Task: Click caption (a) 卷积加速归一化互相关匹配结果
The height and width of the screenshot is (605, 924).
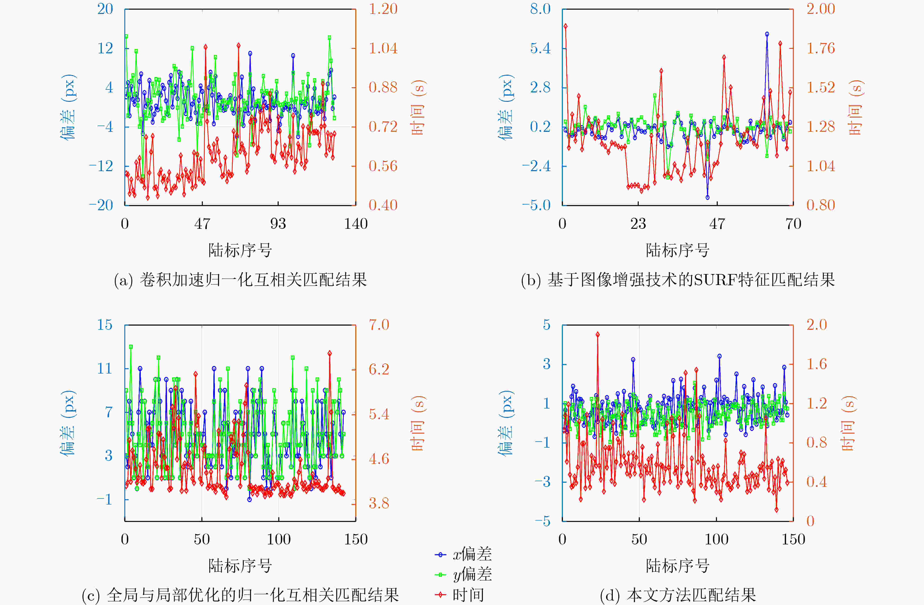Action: [240, 280]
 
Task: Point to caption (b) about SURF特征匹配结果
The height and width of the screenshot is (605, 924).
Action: [677, 280]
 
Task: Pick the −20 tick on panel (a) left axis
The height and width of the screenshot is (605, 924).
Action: [101, 205]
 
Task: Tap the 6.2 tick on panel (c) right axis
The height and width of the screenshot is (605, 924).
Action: [379, 369]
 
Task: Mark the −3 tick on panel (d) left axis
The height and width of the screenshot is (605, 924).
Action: [542, 482]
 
